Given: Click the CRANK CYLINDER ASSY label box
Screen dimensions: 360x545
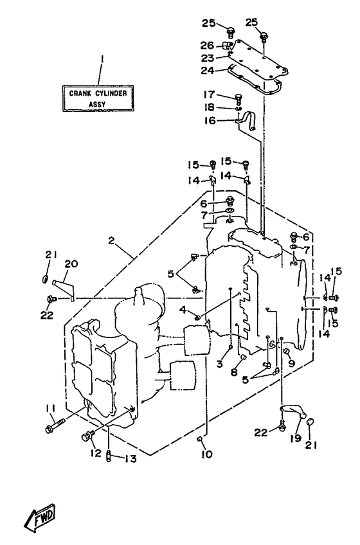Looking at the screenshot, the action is click(x=98, y=98).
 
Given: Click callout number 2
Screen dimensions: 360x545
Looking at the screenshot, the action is click(x=111, y=240).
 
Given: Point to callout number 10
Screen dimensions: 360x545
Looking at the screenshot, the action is click(x=206, y=454).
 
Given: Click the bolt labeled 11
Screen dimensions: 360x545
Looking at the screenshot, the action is click(x=55, y=425).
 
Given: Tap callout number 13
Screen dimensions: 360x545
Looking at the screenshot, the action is click(x=130, y=459).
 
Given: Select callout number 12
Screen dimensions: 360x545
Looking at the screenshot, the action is click(x=96, y=452).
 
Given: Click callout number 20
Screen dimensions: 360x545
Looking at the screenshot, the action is click(x=71, y=264).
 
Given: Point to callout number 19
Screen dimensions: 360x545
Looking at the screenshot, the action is click(x=295, y=438).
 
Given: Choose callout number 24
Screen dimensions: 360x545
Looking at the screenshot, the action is click(x=207, y=70).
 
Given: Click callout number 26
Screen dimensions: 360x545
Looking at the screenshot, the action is click(x=207, y=45).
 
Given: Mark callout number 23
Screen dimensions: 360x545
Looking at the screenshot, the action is click(x=208, y=58).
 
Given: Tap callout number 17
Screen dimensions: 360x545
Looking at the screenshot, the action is click(x=210, y=94).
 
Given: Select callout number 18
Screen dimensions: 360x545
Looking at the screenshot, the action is click(x=210, y=107).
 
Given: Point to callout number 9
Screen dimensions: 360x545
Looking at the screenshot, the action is click(x=291, y=364).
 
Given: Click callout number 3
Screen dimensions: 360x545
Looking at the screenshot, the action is click(x=219, y=364).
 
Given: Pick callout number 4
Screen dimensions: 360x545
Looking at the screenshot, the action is click(x=183, y=308).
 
